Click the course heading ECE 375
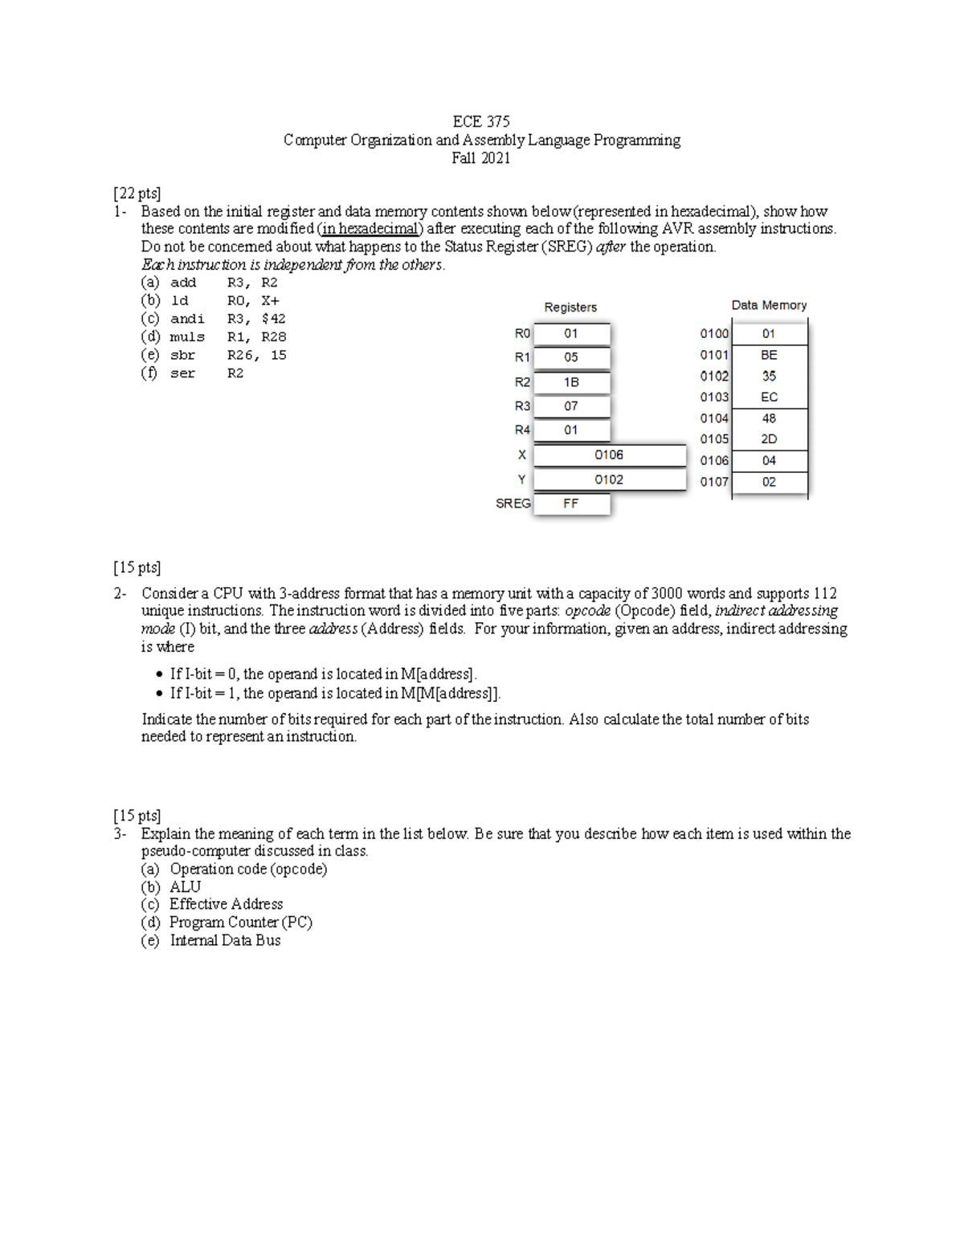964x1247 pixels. (x=481, y=122)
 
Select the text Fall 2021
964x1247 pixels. (x=481, y=158)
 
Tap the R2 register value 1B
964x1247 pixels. (x=570, y=382)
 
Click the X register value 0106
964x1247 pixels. (x=609, y=455)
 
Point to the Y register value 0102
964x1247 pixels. (x=609, y=480)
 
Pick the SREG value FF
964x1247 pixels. (x=570, y=503)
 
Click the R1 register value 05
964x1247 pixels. (x=570, y=357)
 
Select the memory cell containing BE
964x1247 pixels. (x=769, y=355)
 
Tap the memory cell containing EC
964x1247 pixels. (x=769, y=397)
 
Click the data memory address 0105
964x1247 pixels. (x=714, y=439)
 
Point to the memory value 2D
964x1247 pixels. (x=769, y=439)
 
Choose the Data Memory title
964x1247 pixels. (x=769, y=305)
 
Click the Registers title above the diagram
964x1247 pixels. (x=570, y=308)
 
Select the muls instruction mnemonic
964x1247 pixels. (x=187, y=337)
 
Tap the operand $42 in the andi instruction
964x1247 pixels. (x=273, y=319)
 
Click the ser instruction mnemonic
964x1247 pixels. (x=182, y=373)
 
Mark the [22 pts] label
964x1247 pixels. (x=137, y=194)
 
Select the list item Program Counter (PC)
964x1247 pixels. (x=240, y=923)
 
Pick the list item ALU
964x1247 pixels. (x=185, y=887)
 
